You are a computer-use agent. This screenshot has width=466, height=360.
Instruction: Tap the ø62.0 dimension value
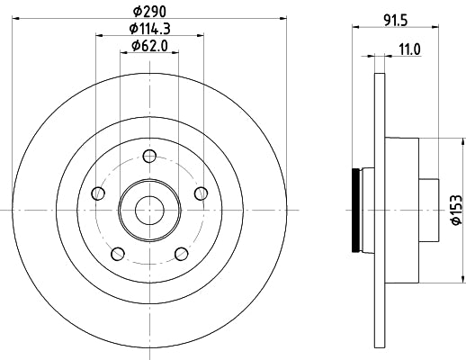pyautogui.click(x=150, y=46)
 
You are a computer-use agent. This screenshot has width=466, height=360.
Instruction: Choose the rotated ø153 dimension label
pyautogui.click(x=456, y=208)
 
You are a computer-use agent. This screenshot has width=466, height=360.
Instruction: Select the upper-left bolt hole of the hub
pyautogui.click(x=99, y=192)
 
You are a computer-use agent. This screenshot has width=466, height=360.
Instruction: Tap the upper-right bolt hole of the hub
pyautogui.click(x=201, y=192)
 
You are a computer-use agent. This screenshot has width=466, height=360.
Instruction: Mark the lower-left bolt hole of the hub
pyautogui.click(x=117, y=252)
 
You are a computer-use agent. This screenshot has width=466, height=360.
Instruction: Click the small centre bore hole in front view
pyautogui.click(x=149, y=210)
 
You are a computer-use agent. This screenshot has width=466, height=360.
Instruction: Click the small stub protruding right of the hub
pyautogui.click(x=430, y=210)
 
